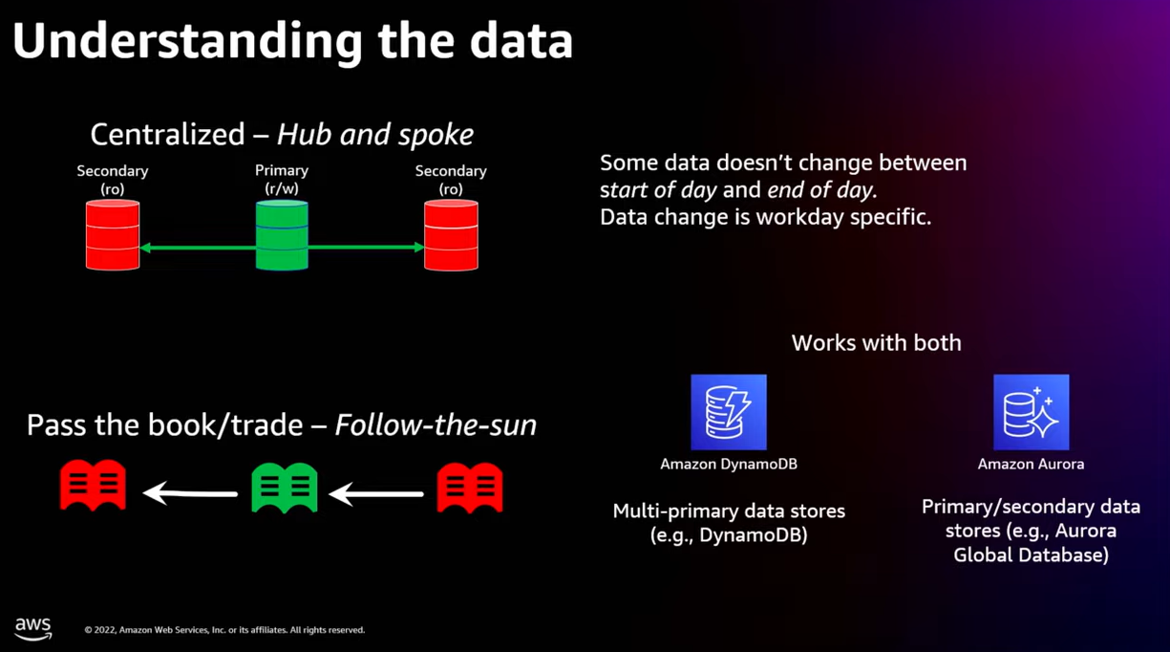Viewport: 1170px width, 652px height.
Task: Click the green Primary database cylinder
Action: coord(282,235)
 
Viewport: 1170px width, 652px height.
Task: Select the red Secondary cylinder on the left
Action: coord(113,235)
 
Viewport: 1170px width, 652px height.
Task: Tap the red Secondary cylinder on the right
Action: coord(451,235)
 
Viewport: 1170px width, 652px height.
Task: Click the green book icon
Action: coord(284,488)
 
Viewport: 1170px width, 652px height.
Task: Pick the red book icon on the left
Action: coord(93,486)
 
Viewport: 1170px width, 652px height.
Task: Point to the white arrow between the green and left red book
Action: coord(190,493)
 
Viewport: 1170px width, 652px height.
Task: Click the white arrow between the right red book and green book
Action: coord(376,493)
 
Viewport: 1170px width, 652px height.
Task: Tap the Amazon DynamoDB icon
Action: coord(729,412)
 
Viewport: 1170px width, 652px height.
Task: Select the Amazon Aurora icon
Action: coord(1031,412)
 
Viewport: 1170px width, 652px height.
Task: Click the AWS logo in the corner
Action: coord(32,628)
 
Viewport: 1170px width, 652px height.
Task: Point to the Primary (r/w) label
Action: coord(282,179)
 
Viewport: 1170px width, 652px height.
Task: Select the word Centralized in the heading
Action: coord(167,135)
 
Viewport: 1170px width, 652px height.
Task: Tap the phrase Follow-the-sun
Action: coord(436,425)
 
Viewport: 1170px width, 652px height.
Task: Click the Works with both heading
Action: coord(876,342)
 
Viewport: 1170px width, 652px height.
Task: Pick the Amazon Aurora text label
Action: coord(1031,465)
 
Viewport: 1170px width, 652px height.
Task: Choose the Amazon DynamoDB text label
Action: coord(729,465)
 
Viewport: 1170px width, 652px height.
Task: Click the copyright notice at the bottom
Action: coord(224,630)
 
